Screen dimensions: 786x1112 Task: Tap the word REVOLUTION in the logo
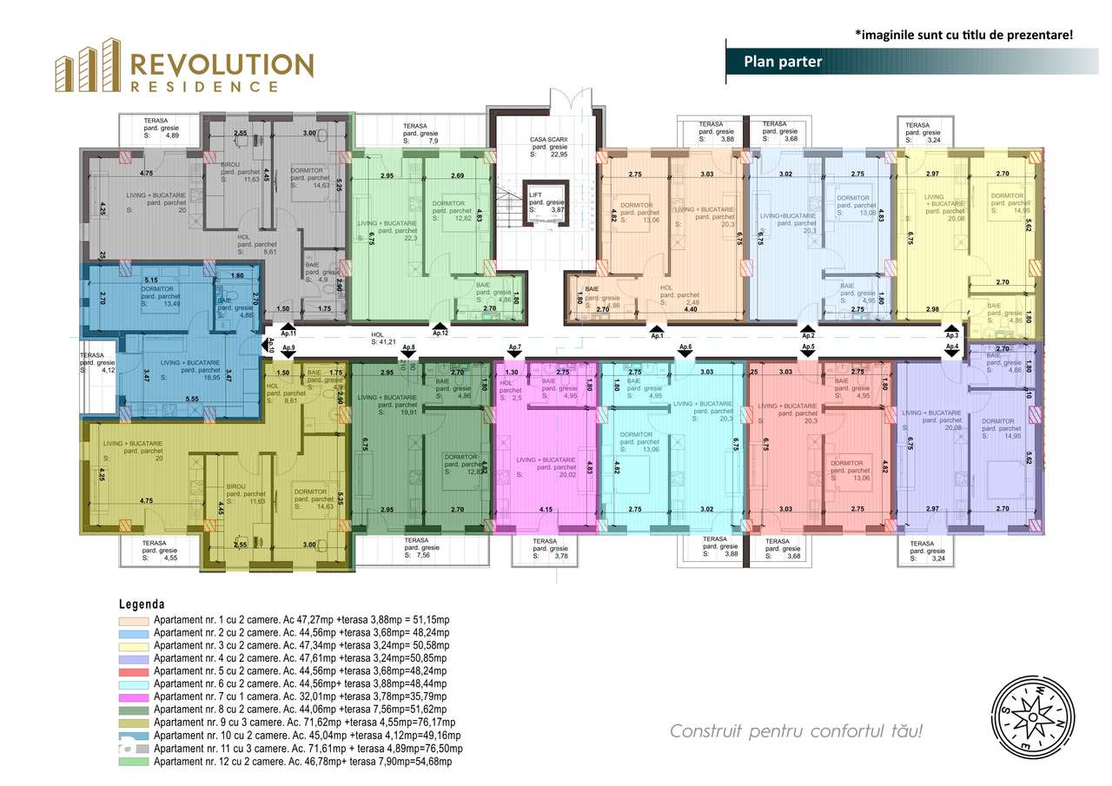[221, 65]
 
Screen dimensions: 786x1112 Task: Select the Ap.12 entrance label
[440, 333]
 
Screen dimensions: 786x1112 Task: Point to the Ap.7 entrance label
[514, 347]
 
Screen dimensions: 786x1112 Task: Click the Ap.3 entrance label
[951, 335]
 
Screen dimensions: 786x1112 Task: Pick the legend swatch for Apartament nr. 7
[134, 697]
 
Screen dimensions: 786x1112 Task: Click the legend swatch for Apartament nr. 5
[134, 671]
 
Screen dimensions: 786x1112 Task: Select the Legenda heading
[142, 604]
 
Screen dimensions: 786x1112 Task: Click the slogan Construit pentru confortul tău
[796, 730]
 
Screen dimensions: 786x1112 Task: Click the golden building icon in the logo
[87, 66]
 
